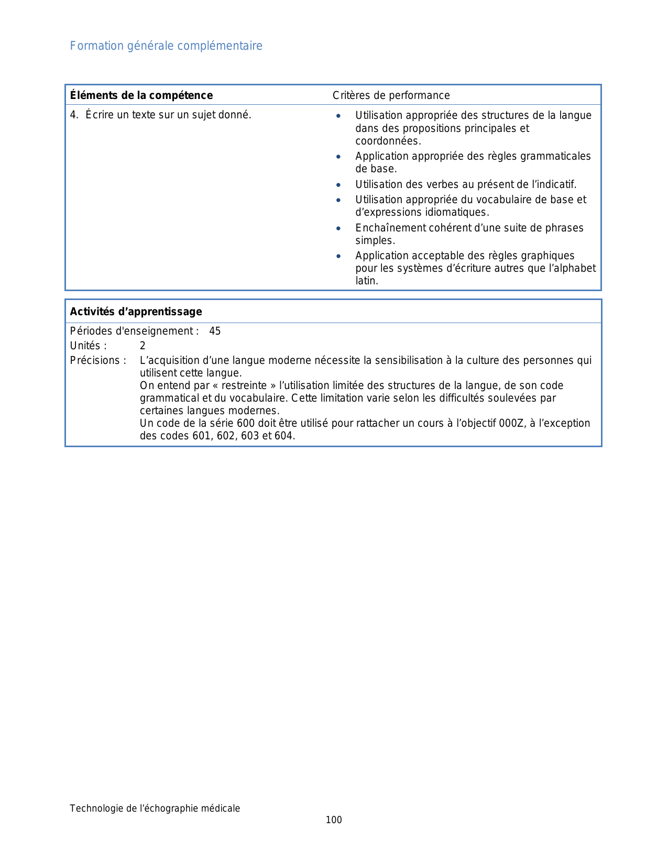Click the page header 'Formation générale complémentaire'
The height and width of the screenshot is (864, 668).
[x=166, y=46]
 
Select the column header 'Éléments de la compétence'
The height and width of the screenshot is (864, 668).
[x=141, y=95]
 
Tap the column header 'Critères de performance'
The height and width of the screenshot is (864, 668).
[x=391, y=95]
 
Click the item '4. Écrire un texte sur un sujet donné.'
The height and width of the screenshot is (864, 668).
[x=161, y=115]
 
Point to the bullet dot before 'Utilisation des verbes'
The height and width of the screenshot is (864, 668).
[x=339, y=185]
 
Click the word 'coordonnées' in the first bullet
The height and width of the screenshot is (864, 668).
[x=387, y=141]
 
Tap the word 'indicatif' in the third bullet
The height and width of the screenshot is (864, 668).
[x=557, y=184]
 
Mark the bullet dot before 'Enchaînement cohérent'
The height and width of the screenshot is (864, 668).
[x=339, y=228]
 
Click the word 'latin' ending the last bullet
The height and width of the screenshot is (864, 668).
[x=366, y=281]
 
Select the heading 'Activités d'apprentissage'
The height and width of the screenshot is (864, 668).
[x=136, y=312]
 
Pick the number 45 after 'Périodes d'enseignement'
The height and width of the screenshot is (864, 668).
[x=215, y=331]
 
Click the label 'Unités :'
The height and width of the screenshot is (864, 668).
[x=89, y=346]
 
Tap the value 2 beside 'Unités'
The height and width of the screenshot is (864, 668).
[x=143, y=346]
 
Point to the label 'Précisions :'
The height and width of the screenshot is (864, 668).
[x=98, y=360]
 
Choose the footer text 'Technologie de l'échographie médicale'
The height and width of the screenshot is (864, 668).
[x=155, y=808]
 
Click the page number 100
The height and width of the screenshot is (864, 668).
[x=334, y=820]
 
